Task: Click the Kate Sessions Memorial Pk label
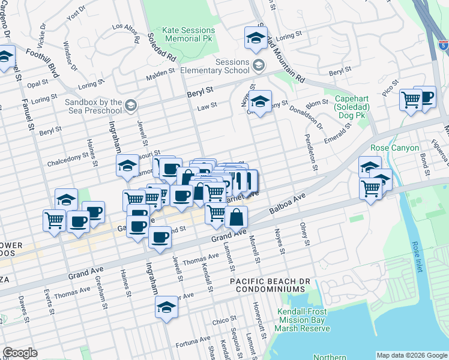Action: click(x=188, y=34)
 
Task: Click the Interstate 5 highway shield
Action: click(x=443, y=44)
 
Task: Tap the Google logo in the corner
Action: click(x=20, y=353)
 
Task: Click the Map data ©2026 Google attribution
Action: click(x=411, y=355)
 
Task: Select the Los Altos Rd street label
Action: click(x=125, y=27)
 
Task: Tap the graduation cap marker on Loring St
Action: click(x=256, y=39)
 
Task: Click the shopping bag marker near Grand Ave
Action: click(x=237, y=218)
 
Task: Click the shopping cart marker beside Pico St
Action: click(x=411, y=100)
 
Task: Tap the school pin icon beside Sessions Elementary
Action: click(x=259, y=64)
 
